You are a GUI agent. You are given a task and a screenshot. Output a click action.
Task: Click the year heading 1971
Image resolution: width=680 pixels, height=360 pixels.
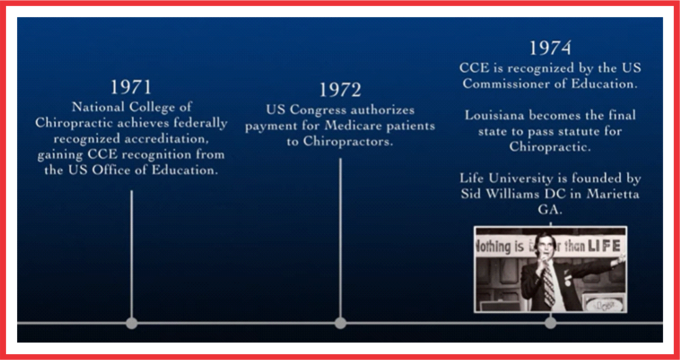click(131, 87)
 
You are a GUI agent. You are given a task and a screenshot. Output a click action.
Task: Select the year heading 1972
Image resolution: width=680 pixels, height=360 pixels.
click(341, 90)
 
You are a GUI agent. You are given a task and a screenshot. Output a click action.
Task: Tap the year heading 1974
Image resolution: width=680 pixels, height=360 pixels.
click(551, 48)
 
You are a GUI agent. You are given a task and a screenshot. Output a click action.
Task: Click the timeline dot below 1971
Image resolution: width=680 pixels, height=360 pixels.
click(131, 323)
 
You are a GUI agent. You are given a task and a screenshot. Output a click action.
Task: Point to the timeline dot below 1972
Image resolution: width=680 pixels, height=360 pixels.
click(341, 323)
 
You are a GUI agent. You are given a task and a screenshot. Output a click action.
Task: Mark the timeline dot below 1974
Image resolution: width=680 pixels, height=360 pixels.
click(551, 323)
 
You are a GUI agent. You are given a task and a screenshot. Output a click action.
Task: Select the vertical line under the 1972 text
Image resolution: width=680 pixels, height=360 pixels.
click(341, 238)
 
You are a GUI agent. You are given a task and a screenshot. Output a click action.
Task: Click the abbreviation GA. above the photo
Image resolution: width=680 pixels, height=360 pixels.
click(550, 210)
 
